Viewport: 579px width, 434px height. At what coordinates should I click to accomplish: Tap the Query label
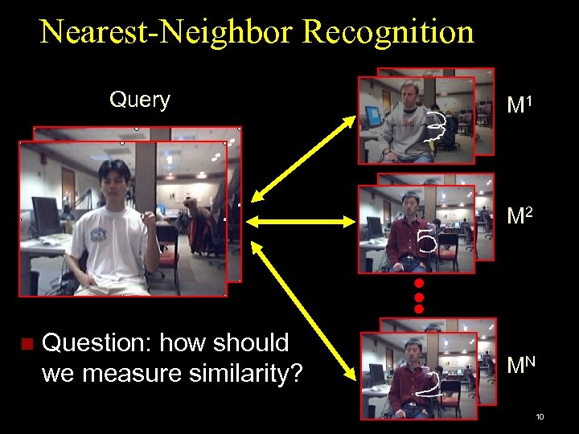pos(140,100)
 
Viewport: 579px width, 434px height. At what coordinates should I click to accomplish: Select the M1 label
pos(521,105)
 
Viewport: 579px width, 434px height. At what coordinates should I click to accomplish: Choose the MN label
pos(522,366)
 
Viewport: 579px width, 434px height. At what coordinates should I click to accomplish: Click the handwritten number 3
pos(436,129)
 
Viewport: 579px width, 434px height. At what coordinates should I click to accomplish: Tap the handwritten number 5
pos(427,239)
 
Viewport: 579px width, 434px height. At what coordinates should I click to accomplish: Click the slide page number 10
pos(540,417)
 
